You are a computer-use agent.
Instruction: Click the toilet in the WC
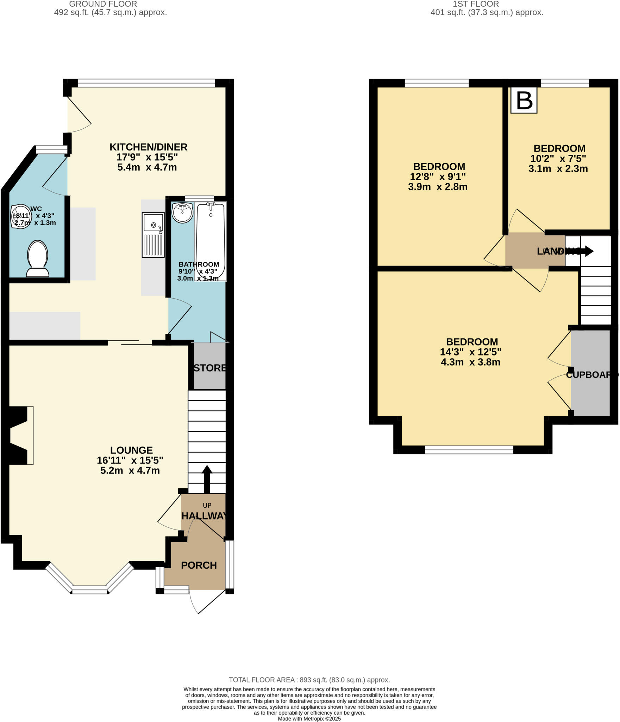[37, 259]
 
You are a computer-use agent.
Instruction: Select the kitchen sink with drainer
[153, 235]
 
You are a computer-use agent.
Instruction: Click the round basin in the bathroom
[182, 213]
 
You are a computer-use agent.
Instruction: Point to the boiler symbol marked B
[524, 100]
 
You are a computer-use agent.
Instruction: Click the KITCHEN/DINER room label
[148, 147]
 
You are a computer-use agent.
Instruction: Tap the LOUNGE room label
[131, 450]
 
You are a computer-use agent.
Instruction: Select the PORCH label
[199, 565]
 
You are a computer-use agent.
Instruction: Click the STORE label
[210, 368]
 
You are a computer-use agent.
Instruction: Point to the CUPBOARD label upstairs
[591, 375]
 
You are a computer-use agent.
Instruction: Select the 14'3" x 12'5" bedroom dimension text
[470, 352]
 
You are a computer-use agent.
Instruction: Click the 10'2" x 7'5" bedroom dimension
[558, 158]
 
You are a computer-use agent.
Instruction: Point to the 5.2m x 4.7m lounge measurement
[130, 471]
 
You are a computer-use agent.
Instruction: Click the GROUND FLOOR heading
[103, 4]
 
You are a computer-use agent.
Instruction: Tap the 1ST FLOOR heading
[476, 4]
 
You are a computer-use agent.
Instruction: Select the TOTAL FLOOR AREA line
[309, 680]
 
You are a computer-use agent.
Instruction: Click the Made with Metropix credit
[309, 718]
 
